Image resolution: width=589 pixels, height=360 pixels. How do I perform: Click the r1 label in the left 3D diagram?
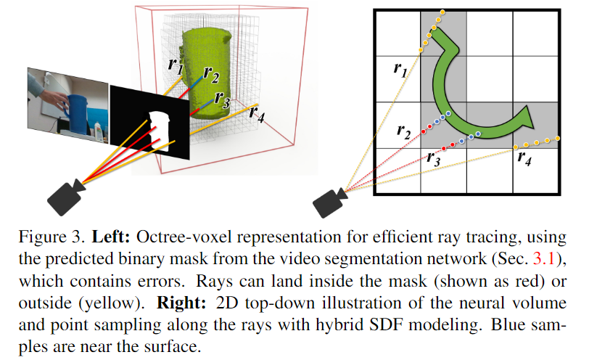[175, 65]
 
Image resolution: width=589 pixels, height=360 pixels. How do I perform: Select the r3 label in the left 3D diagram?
[222, 101]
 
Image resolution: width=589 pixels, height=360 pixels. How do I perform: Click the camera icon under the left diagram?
[66, 194]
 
